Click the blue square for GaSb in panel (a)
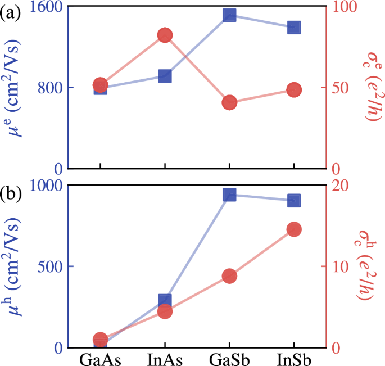tap(229, 15)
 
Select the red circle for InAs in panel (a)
tap(165, 35)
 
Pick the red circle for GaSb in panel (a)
tap(229, 102)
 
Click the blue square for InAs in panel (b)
tap(165, 301)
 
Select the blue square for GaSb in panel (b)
tap(229, 195)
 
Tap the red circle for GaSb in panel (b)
tap(229, 275)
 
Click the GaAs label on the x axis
tap(100, 358)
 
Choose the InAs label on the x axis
tap(165, 358)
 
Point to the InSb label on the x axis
tap(294, 358)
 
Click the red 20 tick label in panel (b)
tap(339, 186)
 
